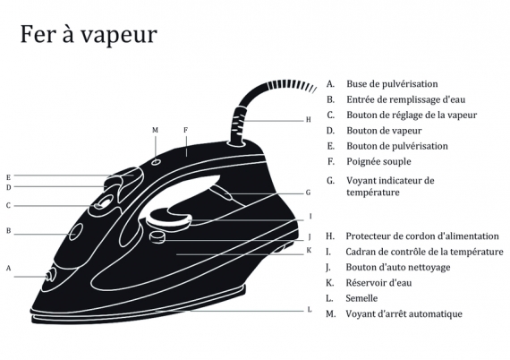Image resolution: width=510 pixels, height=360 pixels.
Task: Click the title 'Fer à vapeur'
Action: coord(89,34)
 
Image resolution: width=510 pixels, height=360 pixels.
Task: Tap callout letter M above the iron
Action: coord(155,130)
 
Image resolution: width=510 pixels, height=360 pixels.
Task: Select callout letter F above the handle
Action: coord(186,130)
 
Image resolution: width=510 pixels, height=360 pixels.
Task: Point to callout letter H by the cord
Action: coord(309,120)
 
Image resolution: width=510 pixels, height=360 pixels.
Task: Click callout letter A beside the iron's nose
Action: coord(9,269)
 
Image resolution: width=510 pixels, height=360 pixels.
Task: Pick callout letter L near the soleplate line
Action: coord(310,309)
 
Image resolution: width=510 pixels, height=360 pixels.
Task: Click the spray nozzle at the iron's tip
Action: coord(50,276)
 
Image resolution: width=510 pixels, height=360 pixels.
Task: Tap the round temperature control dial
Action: coord(169,218)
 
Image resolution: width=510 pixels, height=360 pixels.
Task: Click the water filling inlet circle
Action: coord(75,232)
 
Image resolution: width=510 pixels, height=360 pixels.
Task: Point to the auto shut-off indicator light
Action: coord(157,161)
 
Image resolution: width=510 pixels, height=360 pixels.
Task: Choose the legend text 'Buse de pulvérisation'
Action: coord(392,84)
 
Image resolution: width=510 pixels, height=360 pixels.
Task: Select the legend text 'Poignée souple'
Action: coord(378,162)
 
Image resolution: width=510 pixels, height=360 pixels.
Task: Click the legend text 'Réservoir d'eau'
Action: coord(378,282)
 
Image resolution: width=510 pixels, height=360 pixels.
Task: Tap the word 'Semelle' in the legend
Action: coord(361,298)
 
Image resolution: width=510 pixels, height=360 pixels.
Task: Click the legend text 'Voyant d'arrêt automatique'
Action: coord(404,313)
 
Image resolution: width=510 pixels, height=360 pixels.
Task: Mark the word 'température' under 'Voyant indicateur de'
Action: coord(373,193)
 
